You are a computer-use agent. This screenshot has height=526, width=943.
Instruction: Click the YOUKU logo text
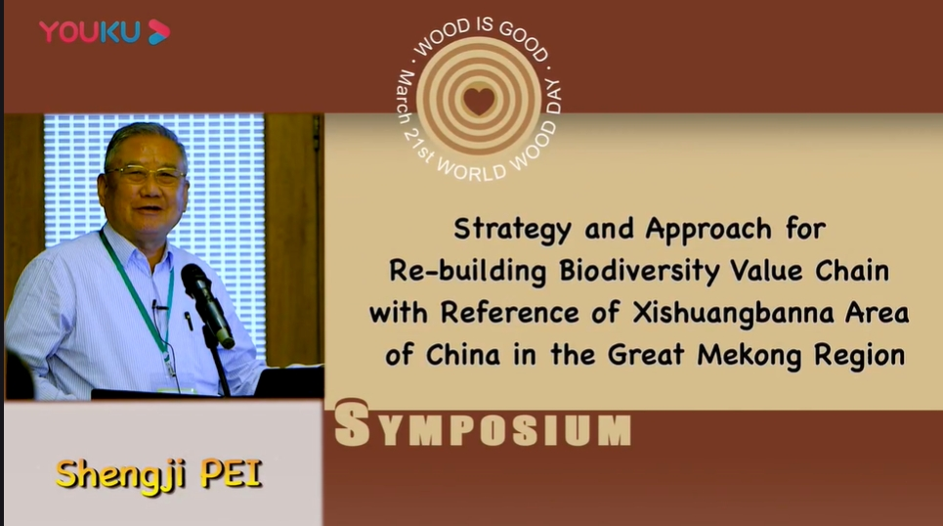90,32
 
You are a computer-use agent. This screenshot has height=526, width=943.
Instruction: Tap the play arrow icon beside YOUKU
158,32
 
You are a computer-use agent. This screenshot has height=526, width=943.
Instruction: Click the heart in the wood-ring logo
480,101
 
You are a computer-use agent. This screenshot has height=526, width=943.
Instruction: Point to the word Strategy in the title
512,230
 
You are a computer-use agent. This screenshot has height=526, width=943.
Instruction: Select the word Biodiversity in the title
639,271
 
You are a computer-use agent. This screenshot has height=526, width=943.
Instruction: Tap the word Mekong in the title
750,355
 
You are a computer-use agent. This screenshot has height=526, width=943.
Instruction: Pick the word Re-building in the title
467,271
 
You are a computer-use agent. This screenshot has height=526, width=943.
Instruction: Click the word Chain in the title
851,271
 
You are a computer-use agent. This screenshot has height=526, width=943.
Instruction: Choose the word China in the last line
463,355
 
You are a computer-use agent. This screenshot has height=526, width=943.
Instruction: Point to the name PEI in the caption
232,474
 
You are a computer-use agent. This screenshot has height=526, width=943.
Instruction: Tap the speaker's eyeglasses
147,175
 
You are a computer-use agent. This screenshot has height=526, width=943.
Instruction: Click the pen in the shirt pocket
189,320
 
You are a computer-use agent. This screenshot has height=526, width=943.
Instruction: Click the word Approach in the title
707,230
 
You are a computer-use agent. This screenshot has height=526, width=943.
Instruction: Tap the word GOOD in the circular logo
525,40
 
